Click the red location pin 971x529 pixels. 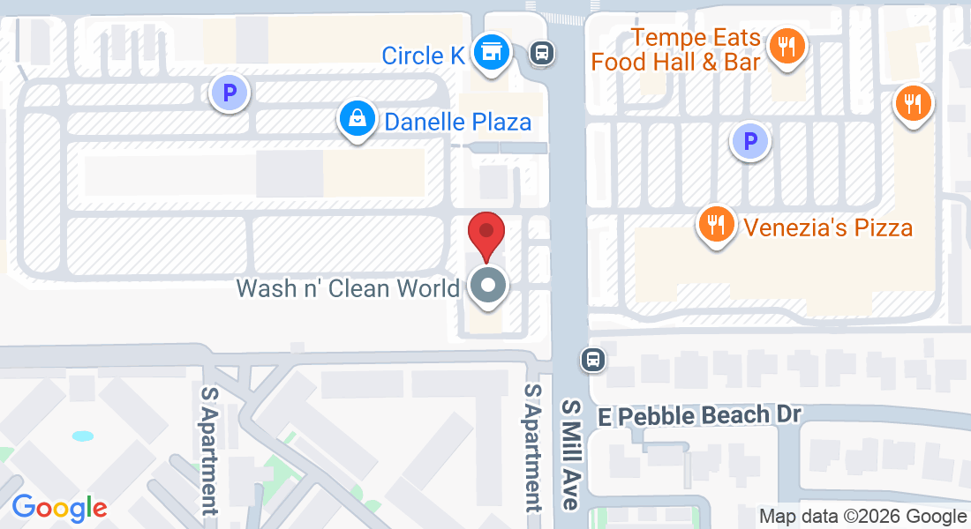pos(485,234)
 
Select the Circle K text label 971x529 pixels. pos(423,56)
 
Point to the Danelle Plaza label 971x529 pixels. pos(457,122)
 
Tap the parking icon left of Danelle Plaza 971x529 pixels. pos(230,93)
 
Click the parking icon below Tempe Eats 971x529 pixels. pos(750,140)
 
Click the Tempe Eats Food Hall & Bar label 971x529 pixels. pos(676,50)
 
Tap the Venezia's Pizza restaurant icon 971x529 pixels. pos(718,225)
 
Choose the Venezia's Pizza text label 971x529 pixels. pos(828,228)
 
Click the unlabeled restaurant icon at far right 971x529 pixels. pos(914,105)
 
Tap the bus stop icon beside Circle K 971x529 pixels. pos(542,54)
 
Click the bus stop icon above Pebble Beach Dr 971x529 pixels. pos(592,359)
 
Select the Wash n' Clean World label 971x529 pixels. pos(348,288)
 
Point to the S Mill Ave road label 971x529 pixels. pos(572,453)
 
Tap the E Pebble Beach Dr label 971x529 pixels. pos(699,415)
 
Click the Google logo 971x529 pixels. pos(59,508)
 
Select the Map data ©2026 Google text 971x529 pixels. pos(863,517)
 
